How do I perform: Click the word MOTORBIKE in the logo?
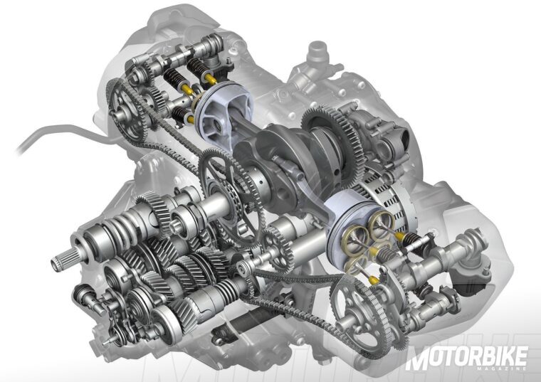[x=468, y=358]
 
